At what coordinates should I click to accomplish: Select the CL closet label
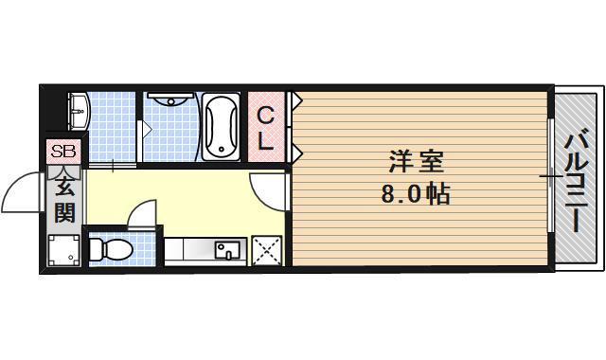tap(267, 130)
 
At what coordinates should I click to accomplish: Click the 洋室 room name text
tap(415, 162)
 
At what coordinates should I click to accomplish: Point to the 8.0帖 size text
tap(415, 196)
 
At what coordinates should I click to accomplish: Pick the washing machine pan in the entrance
tap(64, 250)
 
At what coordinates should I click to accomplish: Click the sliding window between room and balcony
tap(551, 177)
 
